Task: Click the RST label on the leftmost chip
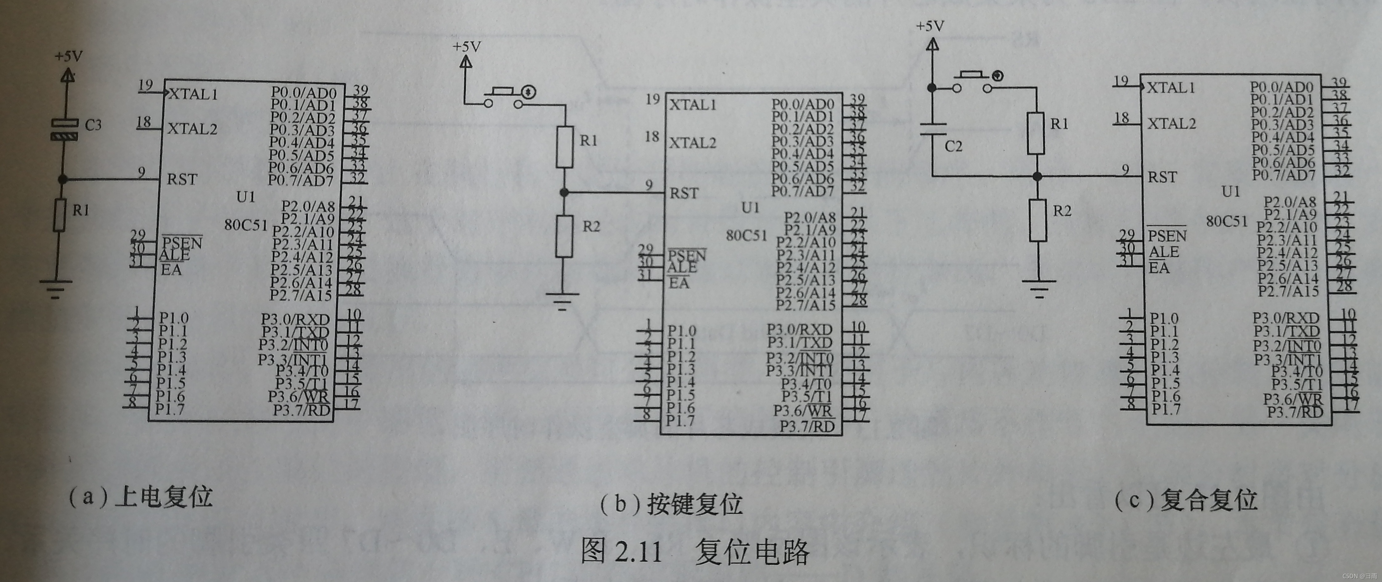182,179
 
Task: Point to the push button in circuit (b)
503,95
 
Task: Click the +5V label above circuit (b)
466,47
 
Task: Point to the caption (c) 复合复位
1185,500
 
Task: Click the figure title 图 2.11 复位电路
695,552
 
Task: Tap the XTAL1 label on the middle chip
693,105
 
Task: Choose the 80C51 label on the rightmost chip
1227,221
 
